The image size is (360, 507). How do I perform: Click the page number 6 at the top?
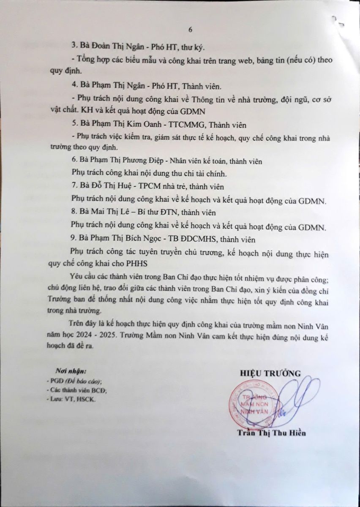click(190, 30)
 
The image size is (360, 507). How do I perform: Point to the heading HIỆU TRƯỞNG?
click(270, 373)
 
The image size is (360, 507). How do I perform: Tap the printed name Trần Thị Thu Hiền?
click(271, 433)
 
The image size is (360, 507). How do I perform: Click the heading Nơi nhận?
click(71, 371)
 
